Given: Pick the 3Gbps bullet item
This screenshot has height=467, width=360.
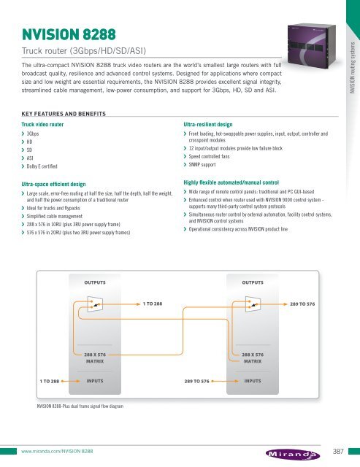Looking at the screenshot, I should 33,135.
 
